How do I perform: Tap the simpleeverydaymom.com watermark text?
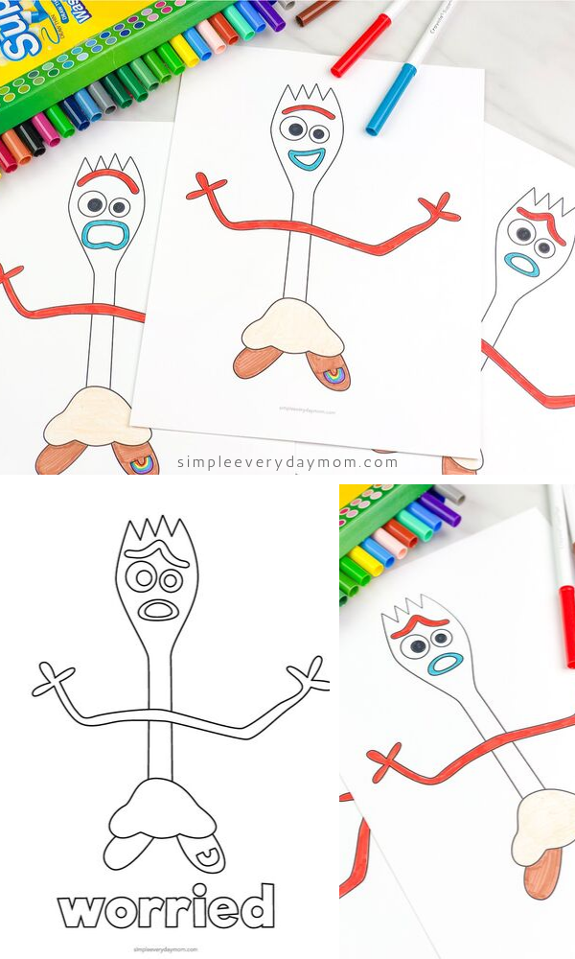[x=287, y=462]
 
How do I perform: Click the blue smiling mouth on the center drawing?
[x=307, y=159]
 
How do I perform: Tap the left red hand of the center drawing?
[x=206, y=188]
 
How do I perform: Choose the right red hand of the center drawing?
[x=440, y=206]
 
